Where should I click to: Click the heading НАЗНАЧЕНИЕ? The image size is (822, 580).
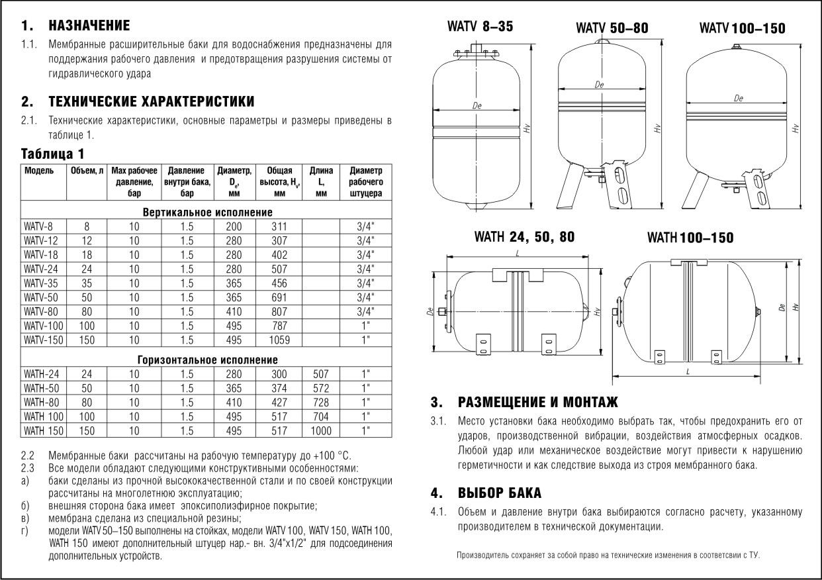(x=89, y=26)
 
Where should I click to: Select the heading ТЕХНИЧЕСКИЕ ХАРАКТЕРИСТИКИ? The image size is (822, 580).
(x=151, y=103)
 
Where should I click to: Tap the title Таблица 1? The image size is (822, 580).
(x=53, y=154)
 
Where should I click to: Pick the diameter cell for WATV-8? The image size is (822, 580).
(x=234, y=226)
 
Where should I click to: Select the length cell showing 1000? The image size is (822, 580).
(x=321, y=431)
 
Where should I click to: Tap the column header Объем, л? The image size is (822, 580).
(x=87, y=170)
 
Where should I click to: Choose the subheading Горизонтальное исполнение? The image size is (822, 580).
(x=208, y=360)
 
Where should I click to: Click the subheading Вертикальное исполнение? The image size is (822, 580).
(x=208, y=213)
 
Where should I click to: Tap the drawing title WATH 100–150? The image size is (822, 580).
(x=690, y=237)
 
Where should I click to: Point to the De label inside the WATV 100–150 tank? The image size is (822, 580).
(x=738, y=99)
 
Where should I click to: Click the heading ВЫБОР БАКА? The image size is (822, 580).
(x=499, y=493)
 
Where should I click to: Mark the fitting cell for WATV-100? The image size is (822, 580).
(x=365, y=326)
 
